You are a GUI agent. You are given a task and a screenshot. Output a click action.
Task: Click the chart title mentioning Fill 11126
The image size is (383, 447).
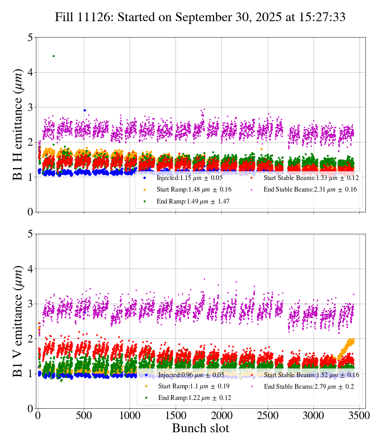pyautogui.click(x=200, y=17)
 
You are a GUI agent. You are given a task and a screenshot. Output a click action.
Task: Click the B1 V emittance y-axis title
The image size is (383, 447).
pyautogui.click(x=18, y=321)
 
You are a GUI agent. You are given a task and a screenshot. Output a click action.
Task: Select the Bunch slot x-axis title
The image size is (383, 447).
pyautogui.click(x=201, y=429)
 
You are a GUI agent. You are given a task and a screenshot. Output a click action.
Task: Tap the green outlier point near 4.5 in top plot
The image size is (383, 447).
pyautogui.click(x=53, y=56)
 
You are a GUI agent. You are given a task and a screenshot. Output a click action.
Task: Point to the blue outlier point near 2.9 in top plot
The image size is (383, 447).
pyautogui.click(x=85, y=110)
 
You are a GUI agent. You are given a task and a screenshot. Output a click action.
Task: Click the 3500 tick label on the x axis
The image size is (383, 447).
pyautogui.click(x=359, y=415)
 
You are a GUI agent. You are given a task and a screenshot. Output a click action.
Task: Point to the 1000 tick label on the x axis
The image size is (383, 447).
pyautogui.click(x=130, y=415)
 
